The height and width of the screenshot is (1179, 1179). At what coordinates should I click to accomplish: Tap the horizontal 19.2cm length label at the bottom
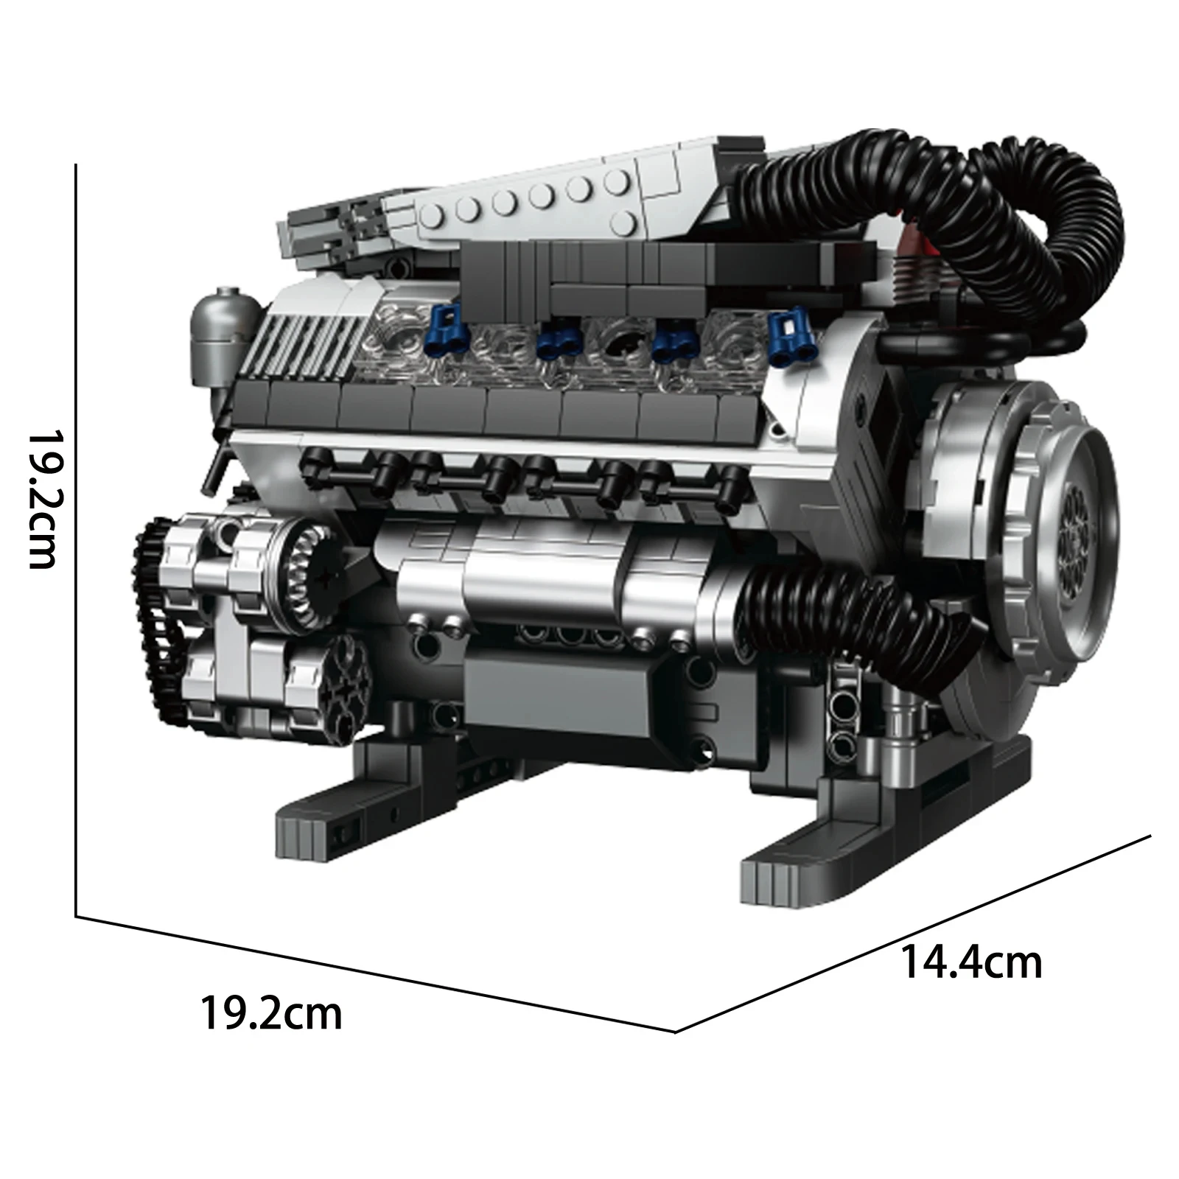271,1013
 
